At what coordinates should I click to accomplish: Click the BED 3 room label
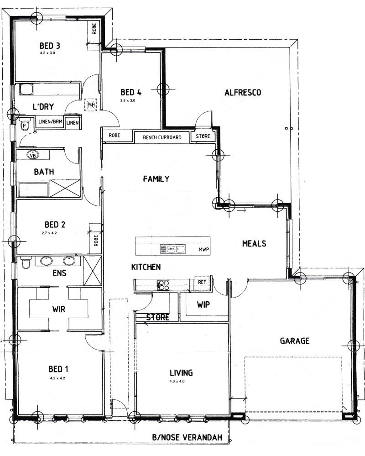pyautogui.click(x=50, y=46)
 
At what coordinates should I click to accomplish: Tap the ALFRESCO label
pyautogui.click(x=243, y=93)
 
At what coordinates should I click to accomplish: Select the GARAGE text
pyautogui.click(x=295, y=341)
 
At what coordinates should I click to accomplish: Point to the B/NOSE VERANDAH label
pyautogui.click(x=187, y=437)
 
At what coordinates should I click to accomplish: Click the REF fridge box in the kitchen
pyautogui.click(x=202, y=282)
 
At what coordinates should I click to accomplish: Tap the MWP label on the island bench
pyautogui.click(x=204, y=250)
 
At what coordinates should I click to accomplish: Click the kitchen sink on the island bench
pyautogui.click(x=172, y=249)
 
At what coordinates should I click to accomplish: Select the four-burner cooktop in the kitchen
pyautogui.click(x=163, y=285)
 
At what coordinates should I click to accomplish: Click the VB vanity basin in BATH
pyautogui.click(x=33, y=155)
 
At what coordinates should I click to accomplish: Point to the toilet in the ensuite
pyautogui.click(x=26, y=263)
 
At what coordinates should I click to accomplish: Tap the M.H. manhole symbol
pyautogui.click(x=91, y=105)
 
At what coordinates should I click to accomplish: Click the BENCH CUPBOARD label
pyautogui.click(x=162, y=137)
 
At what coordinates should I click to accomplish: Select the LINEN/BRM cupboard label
pyautogui.click(x=50, y=121)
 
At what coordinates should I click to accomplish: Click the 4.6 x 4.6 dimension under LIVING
pyautogui.click(x=177, y=381)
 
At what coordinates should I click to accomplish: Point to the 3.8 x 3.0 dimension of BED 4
pyautogui.click(x=128, y=100)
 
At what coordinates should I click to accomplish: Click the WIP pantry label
pyautogui.click(x=203, y=304)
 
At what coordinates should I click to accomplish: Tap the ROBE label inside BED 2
pyautogui.click(x=96, y=241)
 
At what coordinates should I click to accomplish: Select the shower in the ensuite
pyautogui.click(x=93, y=271)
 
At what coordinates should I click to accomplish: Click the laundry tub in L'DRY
pyautogui.click(x=26, y=89)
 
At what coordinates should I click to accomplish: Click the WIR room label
pyautogui.click(x=59, y=309)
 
